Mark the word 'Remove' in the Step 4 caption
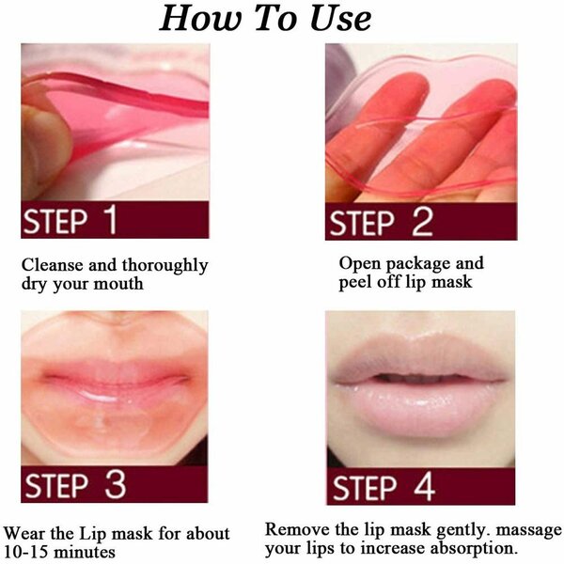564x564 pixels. [x=295, y=529]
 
